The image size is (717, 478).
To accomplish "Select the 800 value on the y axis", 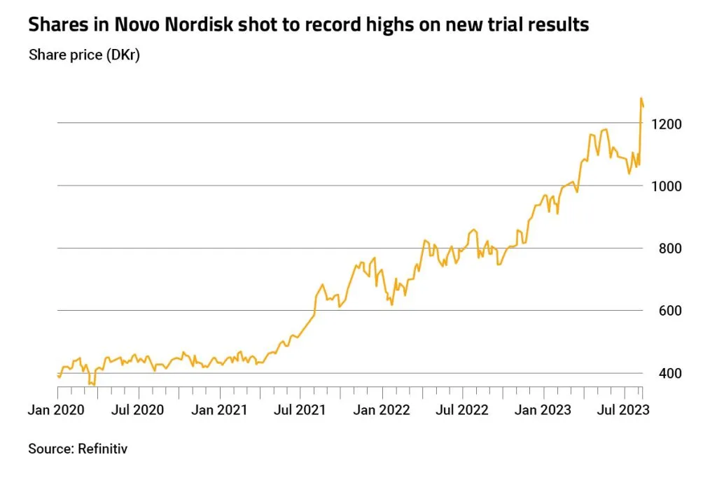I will pyautogui.click(x=669, y=248).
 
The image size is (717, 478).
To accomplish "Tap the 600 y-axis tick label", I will pyautogui.click(x=669, y=311).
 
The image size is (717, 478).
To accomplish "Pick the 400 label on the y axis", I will pyautogui.click(x=669, y=373).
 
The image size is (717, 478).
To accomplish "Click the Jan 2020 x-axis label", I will pyautogui.click(x=57, y=409).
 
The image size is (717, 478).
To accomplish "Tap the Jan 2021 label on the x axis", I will pyautogui.click(x=219, y=409).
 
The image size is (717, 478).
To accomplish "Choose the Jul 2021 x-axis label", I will pyautogui.click(x=300, y=409).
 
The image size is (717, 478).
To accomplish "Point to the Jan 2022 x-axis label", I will pyautogui.click(x=382, y=409).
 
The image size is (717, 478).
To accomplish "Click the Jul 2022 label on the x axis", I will pyautogui.click(x=463, y=409).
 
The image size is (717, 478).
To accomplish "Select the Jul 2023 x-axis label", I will pyautogui.click(x=623, y=409).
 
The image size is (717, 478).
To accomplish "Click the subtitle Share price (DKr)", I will pyautogui.click(x=84, y=55).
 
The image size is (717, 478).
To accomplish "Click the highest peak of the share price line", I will pyautogui.click(x=641, y=99).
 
